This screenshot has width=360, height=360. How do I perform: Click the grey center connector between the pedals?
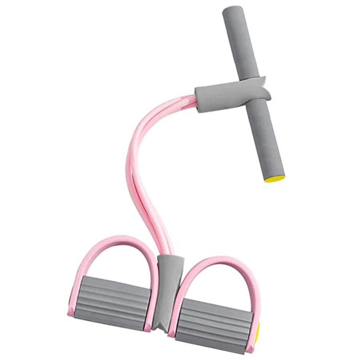168,288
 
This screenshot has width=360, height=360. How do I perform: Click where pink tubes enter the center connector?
168,255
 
